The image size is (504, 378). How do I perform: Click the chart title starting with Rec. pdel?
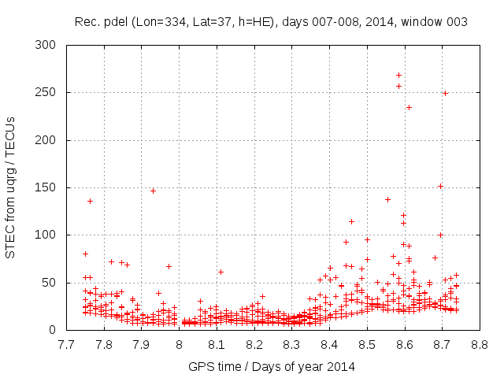point(271,22)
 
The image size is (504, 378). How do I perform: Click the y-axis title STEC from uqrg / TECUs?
point(11,187)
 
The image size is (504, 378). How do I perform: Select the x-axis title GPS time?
point(272,366)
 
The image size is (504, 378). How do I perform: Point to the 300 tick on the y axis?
point(50,46)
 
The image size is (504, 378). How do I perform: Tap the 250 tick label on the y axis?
point(50,93)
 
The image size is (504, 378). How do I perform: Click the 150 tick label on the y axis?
point(50,187)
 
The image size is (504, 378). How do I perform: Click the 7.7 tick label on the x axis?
point(66,344)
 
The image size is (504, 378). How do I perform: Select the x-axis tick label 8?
point(179,344)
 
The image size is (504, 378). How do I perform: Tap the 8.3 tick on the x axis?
point(291,344)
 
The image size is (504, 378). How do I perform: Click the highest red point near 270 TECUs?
point(398,75)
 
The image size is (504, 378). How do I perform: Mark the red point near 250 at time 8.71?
point(445,93)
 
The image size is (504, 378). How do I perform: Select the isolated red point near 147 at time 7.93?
point(153,191)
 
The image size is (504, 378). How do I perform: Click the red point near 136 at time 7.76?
point(90,201)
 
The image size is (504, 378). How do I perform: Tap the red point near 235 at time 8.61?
point(409,107)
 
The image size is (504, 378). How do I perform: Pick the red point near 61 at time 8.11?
point(220,272)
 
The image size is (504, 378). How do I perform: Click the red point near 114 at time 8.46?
point(351,221)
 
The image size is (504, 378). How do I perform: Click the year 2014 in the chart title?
point(384,22)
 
